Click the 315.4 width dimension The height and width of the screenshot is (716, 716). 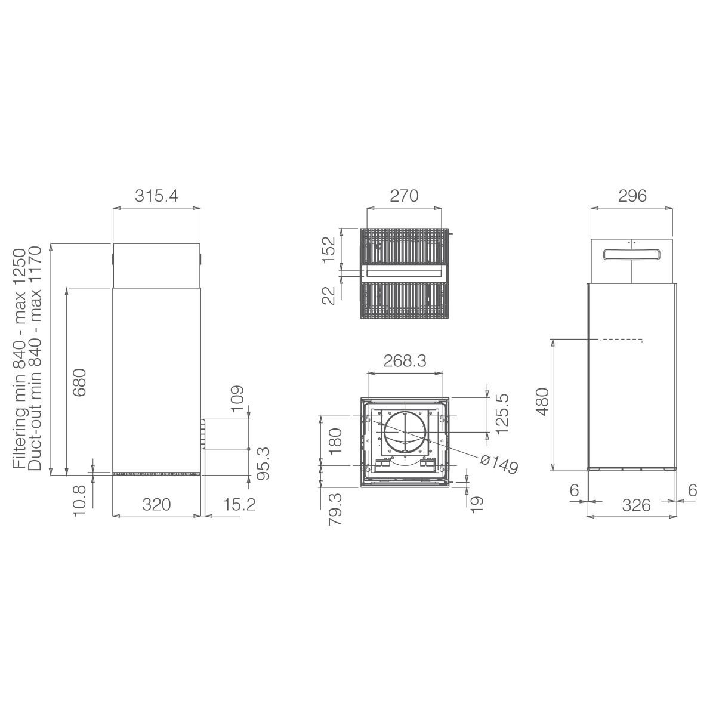156,196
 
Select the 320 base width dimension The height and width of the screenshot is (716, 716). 156,505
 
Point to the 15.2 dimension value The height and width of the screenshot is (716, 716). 239,505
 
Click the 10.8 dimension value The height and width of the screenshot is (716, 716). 79,500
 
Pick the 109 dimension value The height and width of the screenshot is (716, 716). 237,399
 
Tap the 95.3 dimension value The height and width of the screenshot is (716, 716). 263,464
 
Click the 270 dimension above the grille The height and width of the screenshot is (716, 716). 404,196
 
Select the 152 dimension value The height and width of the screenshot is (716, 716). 329,249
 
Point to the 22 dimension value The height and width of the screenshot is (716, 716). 329,295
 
